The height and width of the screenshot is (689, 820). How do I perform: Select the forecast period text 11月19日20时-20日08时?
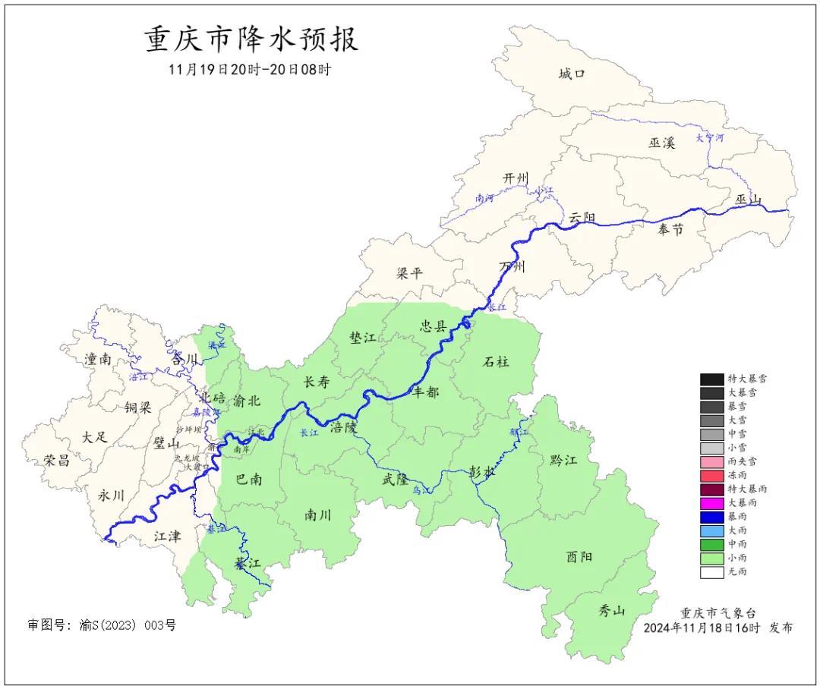(250, 69)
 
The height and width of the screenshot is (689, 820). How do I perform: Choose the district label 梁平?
(409, 273)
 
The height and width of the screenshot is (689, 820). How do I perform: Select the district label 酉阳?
(579, 556)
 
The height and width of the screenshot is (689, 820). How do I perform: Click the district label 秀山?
(611, 609)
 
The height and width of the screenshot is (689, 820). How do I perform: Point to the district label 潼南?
(99, 360)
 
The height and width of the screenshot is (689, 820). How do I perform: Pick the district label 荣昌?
(57, 460)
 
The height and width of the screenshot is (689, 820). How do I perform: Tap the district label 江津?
(167, 536)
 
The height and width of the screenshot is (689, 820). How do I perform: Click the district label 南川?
(318, 514)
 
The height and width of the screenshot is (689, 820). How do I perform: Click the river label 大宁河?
(710, 138)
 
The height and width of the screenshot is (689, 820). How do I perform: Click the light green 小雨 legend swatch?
(711, 558)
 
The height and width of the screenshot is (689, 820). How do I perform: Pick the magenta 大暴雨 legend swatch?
(711, 502)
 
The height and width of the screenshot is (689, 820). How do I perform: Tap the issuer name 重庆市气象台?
(717, 613)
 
